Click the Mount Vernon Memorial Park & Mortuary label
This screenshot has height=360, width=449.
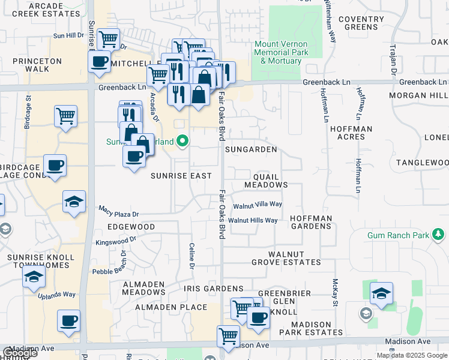point(281,53)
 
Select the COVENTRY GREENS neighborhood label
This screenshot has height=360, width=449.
point(361,23)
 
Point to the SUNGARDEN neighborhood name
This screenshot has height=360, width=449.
point(251,149)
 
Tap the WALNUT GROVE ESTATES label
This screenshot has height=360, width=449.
point(294,259)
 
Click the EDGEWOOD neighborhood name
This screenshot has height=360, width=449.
point(131,227)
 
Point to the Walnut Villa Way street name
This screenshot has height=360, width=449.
point(258,205)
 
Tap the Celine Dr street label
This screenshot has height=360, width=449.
point(192,256)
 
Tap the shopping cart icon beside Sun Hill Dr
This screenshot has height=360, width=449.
point(108,40)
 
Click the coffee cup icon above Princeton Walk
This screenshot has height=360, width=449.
point(100,61)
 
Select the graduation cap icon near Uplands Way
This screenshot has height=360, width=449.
point(34,277)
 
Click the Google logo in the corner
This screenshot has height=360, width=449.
point(19,353)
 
